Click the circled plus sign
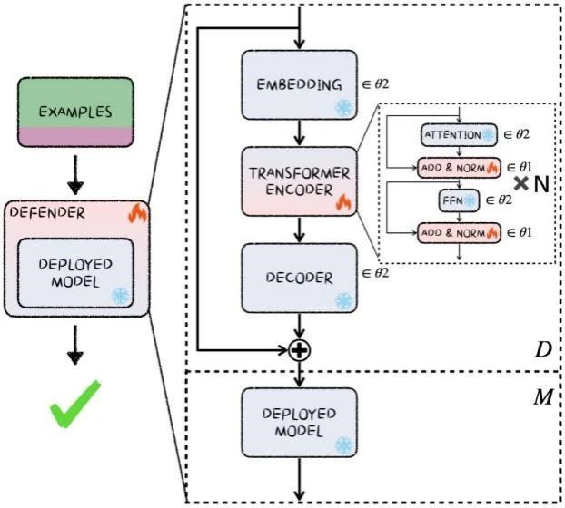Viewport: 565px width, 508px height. (x=298, y=350)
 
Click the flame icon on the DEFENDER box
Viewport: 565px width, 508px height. (x=138, y=213)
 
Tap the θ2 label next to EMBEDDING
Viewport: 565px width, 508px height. (x=374, y=84)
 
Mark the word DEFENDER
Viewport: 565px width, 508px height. (x=46, y=213)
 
